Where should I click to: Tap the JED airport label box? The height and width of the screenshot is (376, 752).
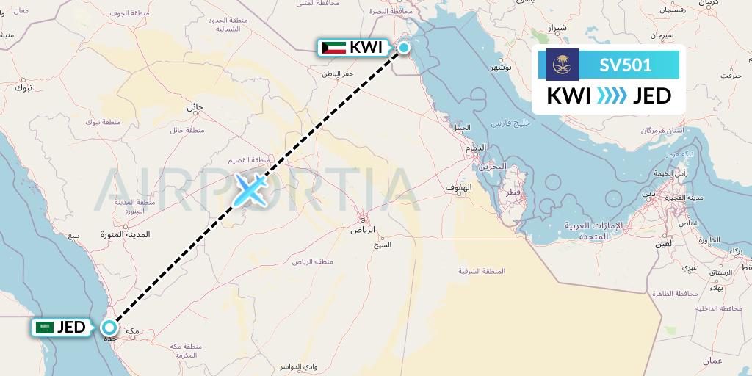(x=62, y=328)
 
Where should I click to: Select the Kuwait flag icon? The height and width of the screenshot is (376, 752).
(x=334, y=48)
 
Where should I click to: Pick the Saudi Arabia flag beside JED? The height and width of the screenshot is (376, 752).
(x=44, y=328)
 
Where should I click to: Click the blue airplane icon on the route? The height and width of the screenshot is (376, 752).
(x=250, y=189)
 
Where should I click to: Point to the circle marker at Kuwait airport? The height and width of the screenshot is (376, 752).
(x=404, y=48)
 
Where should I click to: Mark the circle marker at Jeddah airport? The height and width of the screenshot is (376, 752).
(x=109, y=328)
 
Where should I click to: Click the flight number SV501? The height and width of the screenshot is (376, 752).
(x=625, y=65)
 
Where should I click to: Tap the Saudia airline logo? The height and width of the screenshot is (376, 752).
(x=563, y=65)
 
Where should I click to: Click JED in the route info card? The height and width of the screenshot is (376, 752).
(x=652, y=96)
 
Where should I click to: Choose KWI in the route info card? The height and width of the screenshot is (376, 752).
(x=568, y=96)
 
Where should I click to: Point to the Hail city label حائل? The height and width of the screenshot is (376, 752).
(x=195, y=106)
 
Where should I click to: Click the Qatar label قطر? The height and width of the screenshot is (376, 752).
(x=513, y=192)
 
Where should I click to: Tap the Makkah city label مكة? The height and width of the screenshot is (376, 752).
(x=133, y=332)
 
